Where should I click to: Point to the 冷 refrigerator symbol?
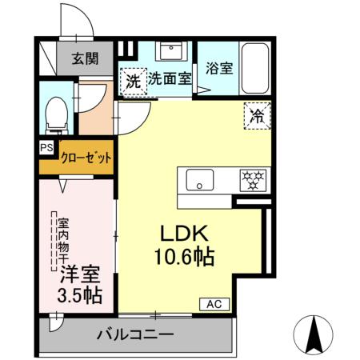point(258,115)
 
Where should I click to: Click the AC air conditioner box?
point(214,304)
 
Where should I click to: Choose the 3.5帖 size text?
point(79,295)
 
